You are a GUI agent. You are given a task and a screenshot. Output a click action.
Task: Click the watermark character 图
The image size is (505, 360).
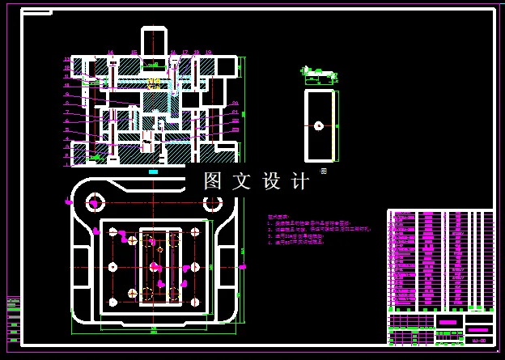click(212, 180)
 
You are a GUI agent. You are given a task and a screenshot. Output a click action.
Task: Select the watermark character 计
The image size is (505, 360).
click(299, 180)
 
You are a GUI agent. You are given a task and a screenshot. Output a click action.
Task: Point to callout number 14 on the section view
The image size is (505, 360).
click(111, 53)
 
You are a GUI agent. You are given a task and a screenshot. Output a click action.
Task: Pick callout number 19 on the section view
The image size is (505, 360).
click(209, 53)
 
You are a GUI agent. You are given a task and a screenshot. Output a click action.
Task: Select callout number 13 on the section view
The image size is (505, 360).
click(68, 59)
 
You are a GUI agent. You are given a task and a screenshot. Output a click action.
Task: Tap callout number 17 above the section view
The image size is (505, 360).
click(185, 53)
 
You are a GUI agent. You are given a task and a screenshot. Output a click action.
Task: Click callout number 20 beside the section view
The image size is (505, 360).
click(235, 103)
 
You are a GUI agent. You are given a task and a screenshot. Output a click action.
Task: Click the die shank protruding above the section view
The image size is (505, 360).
click(155, 40)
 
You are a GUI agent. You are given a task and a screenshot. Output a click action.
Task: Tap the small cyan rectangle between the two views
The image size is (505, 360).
click(154, 172)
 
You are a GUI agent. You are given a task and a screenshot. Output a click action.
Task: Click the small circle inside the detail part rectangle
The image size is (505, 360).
click(319, 125)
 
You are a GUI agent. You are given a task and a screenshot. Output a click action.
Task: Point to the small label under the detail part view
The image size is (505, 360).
click(323, 171)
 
